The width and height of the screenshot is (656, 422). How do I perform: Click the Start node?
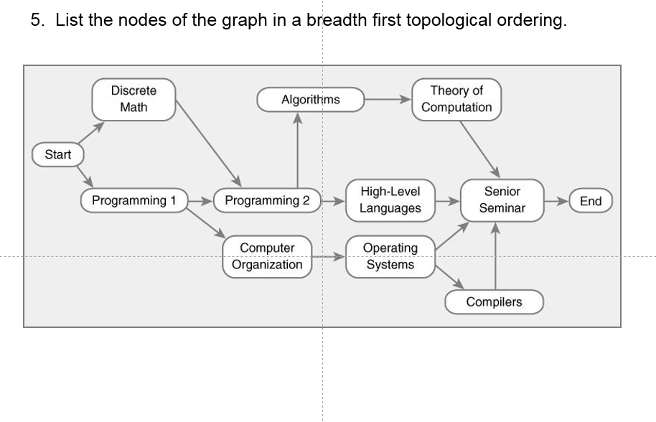(x=58, y=155)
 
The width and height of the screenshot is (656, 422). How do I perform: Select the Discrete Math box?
(x=133, y=99)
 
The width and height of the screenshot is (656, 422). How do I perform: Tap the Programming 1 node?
(x=133, y=200)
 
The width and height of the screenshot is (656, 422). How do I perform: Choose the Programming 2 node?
(x=267, y=200)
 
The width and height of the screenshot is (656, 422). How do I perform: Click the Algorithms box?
(x=311, y=99)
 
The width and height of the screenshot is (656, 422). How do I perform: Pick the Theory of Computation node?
(x=456, y=99)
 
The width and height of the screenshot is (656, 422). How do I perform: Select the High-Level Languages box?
(x=390, y=200)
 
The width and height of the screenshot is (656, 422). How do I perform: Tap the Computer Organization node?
(x=267, y=256)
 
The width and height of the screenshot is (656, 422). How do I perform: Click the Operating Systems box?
(x=390, y=256)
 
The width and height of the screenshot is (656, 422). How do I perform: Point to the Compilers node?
(x=494, y=302)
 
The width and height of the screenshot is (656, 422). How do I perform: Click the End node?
(x=590, y=201)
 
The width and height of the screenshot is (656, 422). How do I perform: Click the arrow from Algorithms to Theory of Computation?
(x=388, y=100)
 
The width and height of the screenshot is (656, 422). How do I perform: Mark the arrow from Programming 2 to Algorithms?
(x=297, y=151)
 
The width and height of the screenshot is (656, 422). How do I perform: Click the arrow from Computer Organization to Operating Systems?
(x=329, y=256)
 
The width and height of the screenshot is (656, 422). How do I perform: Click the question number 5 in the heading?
(x=37, y=19)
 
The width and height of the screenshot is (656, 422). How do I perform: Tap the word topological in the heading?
(x=449, y=19)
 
